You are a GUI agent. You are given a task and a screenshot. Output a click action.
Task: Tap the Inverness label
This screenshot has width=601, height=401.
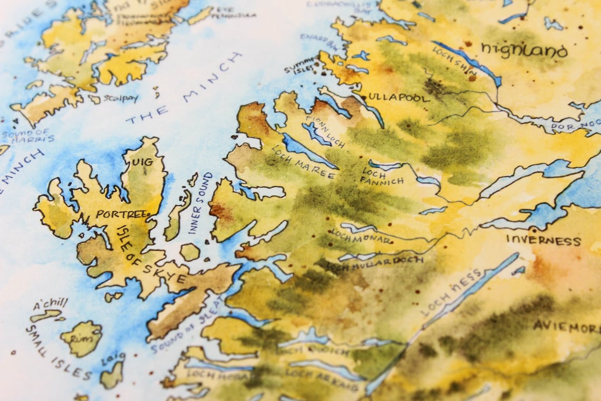click(543, 241)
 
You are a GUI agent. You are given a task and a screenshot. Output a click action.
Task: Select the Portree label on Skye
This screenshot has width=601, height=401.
click(121, 214)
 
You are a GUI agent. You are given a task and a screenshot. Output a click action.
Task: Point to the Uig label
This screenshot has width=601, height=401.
click(142, 162)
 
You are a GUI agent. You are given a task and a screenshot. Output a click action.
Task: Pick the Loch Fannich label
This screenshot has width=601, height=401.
click(382, 176)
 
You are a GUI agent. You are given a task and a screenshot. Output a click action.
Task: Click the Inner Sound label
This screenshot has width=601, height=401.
click(201, 203)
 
